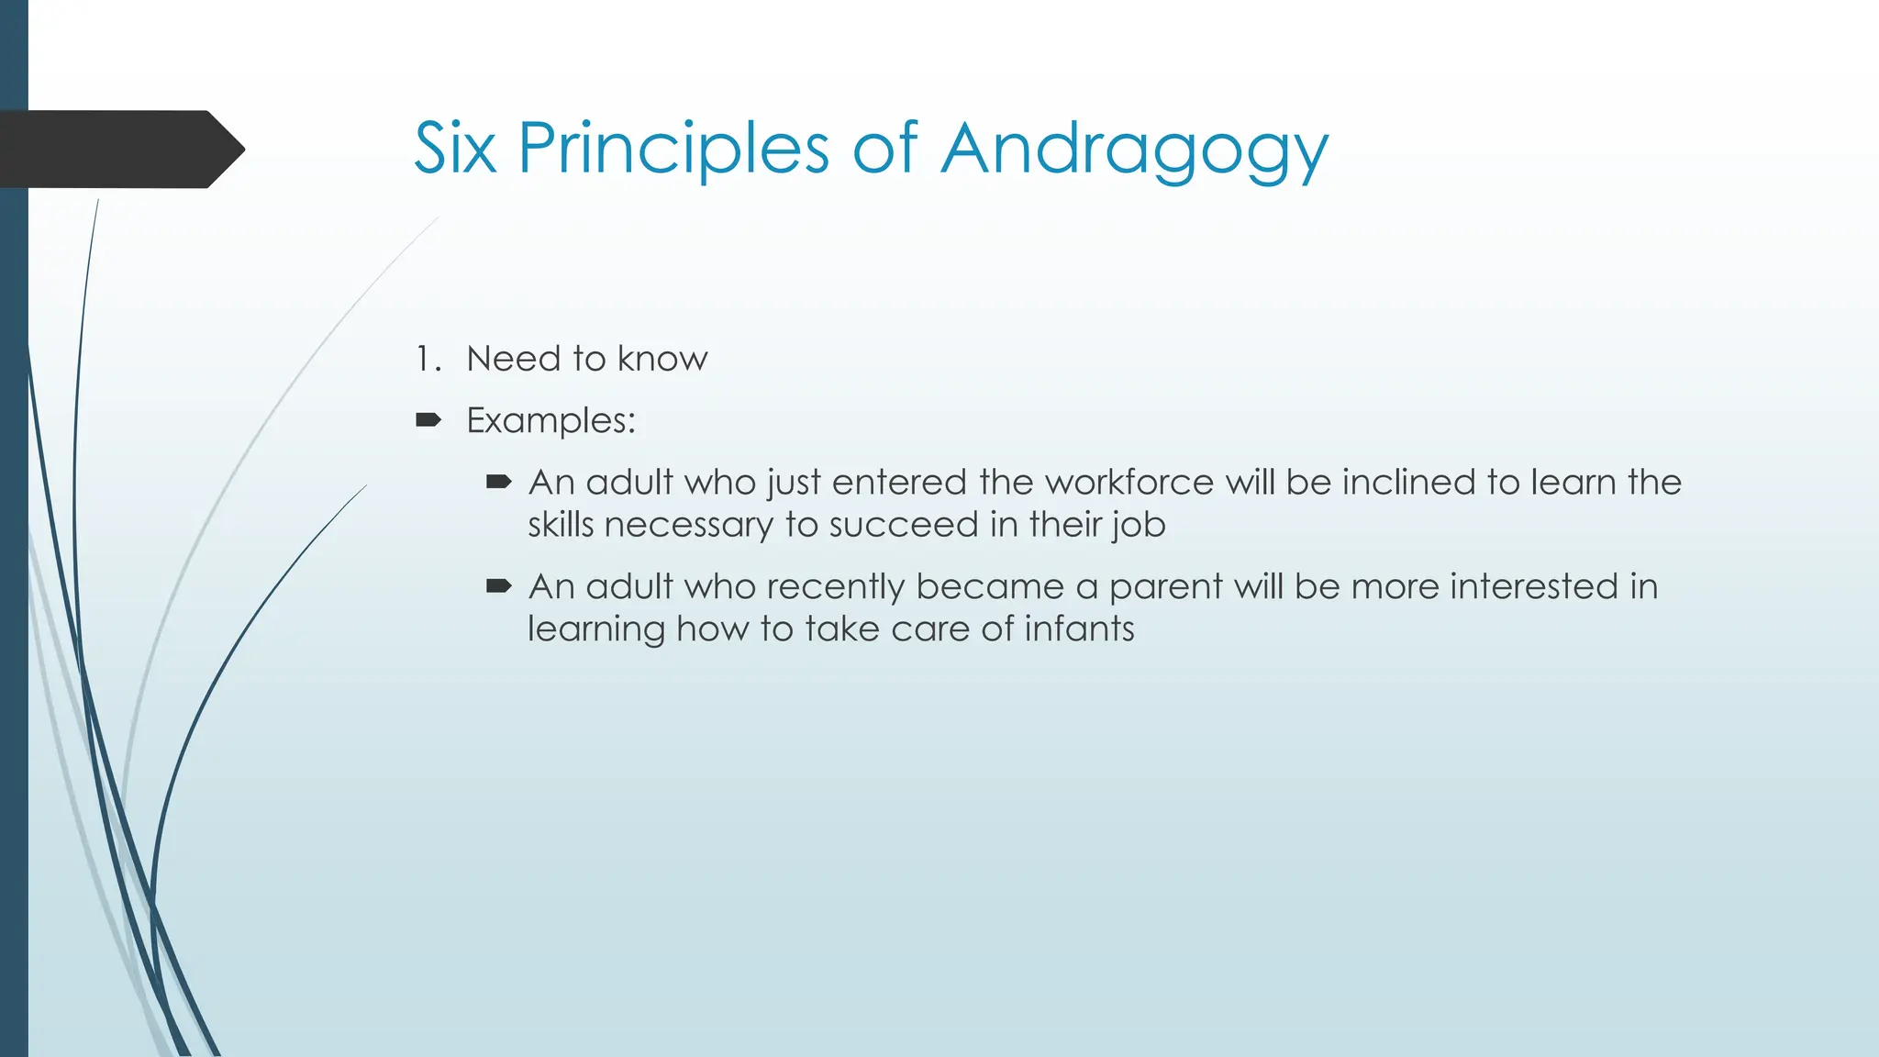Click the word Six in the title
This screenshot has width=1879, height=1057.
click(455, 148)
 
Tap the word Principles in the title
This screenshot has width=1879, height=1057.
click(673, 148)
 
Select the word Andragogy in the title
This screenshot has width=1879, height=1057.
click(1134, 150)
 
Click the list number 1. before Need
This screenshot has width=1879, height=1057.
click(428, 359)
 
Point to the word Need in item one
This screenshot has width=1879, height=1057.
click(513, 359)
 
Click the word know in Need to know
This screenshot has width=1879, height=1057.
click(662, 359)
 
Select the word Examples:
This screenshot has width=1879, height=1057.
click(550, 421)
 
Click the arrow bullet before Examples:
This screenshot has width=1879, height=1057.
click(428, 420)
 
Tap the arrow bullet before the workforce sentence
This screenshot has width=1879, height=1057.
click(498, 482)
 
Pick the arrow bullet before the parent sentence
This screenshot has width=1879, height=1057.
click(498, 585)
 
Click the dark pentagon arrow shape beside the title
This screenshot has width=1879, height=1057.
click(119, 149)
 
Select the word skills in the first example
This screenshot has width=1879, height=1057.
click(561, 525)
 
